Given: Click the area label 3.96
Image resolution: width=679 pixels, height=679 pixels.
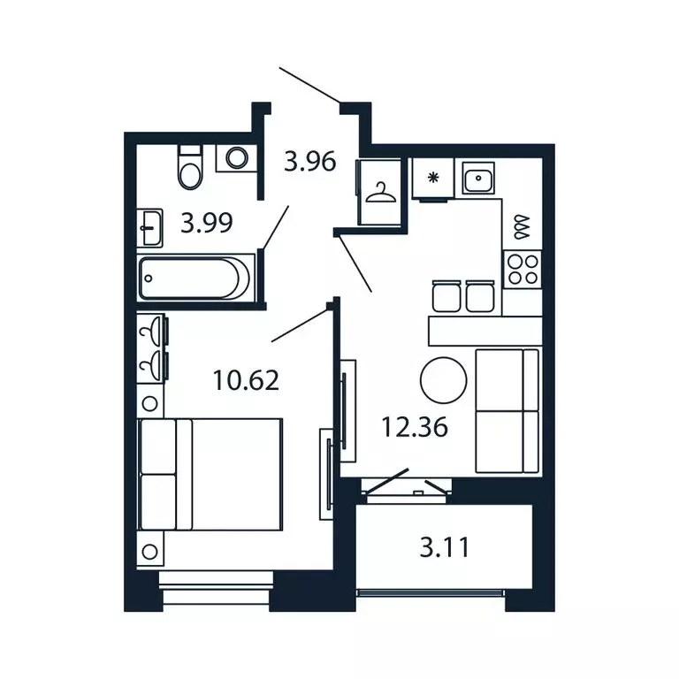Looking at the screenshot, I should point(309,162).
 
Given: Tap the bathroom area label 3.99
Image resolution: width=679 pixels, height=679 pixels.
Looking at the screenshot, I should point(207,222).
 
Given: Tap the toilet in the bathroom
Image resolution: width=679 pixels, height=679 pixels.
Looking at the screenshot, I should point(190,165).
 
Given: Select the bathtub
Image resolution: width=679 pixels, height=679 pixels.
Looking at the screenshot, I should point(195,277).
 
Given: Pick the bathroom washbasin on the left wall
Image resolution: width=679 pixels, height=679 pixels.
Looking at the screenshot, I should point(150,228).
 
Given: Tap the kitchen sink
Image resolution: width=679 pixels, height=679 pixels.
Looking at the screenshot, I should point(478,180).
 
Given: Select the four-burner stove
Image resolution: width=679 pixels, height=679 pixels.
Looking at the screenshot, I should point(522,268).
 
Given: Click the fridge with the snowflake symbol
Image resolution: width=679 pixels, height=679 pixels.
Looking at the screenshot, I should point(433,179).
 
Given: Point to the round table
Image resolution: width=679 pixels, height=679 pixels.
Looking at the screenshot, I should point(443,380).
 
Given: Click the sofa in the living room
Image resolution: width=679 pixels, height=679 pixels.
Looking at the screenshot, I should point(507,410).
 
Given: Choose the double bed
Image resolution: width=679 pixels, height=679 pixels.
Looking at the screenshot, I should point(210,474).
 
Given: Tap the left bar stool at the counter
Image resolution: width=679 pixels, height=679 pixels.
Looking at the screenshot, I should point(445,295).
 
